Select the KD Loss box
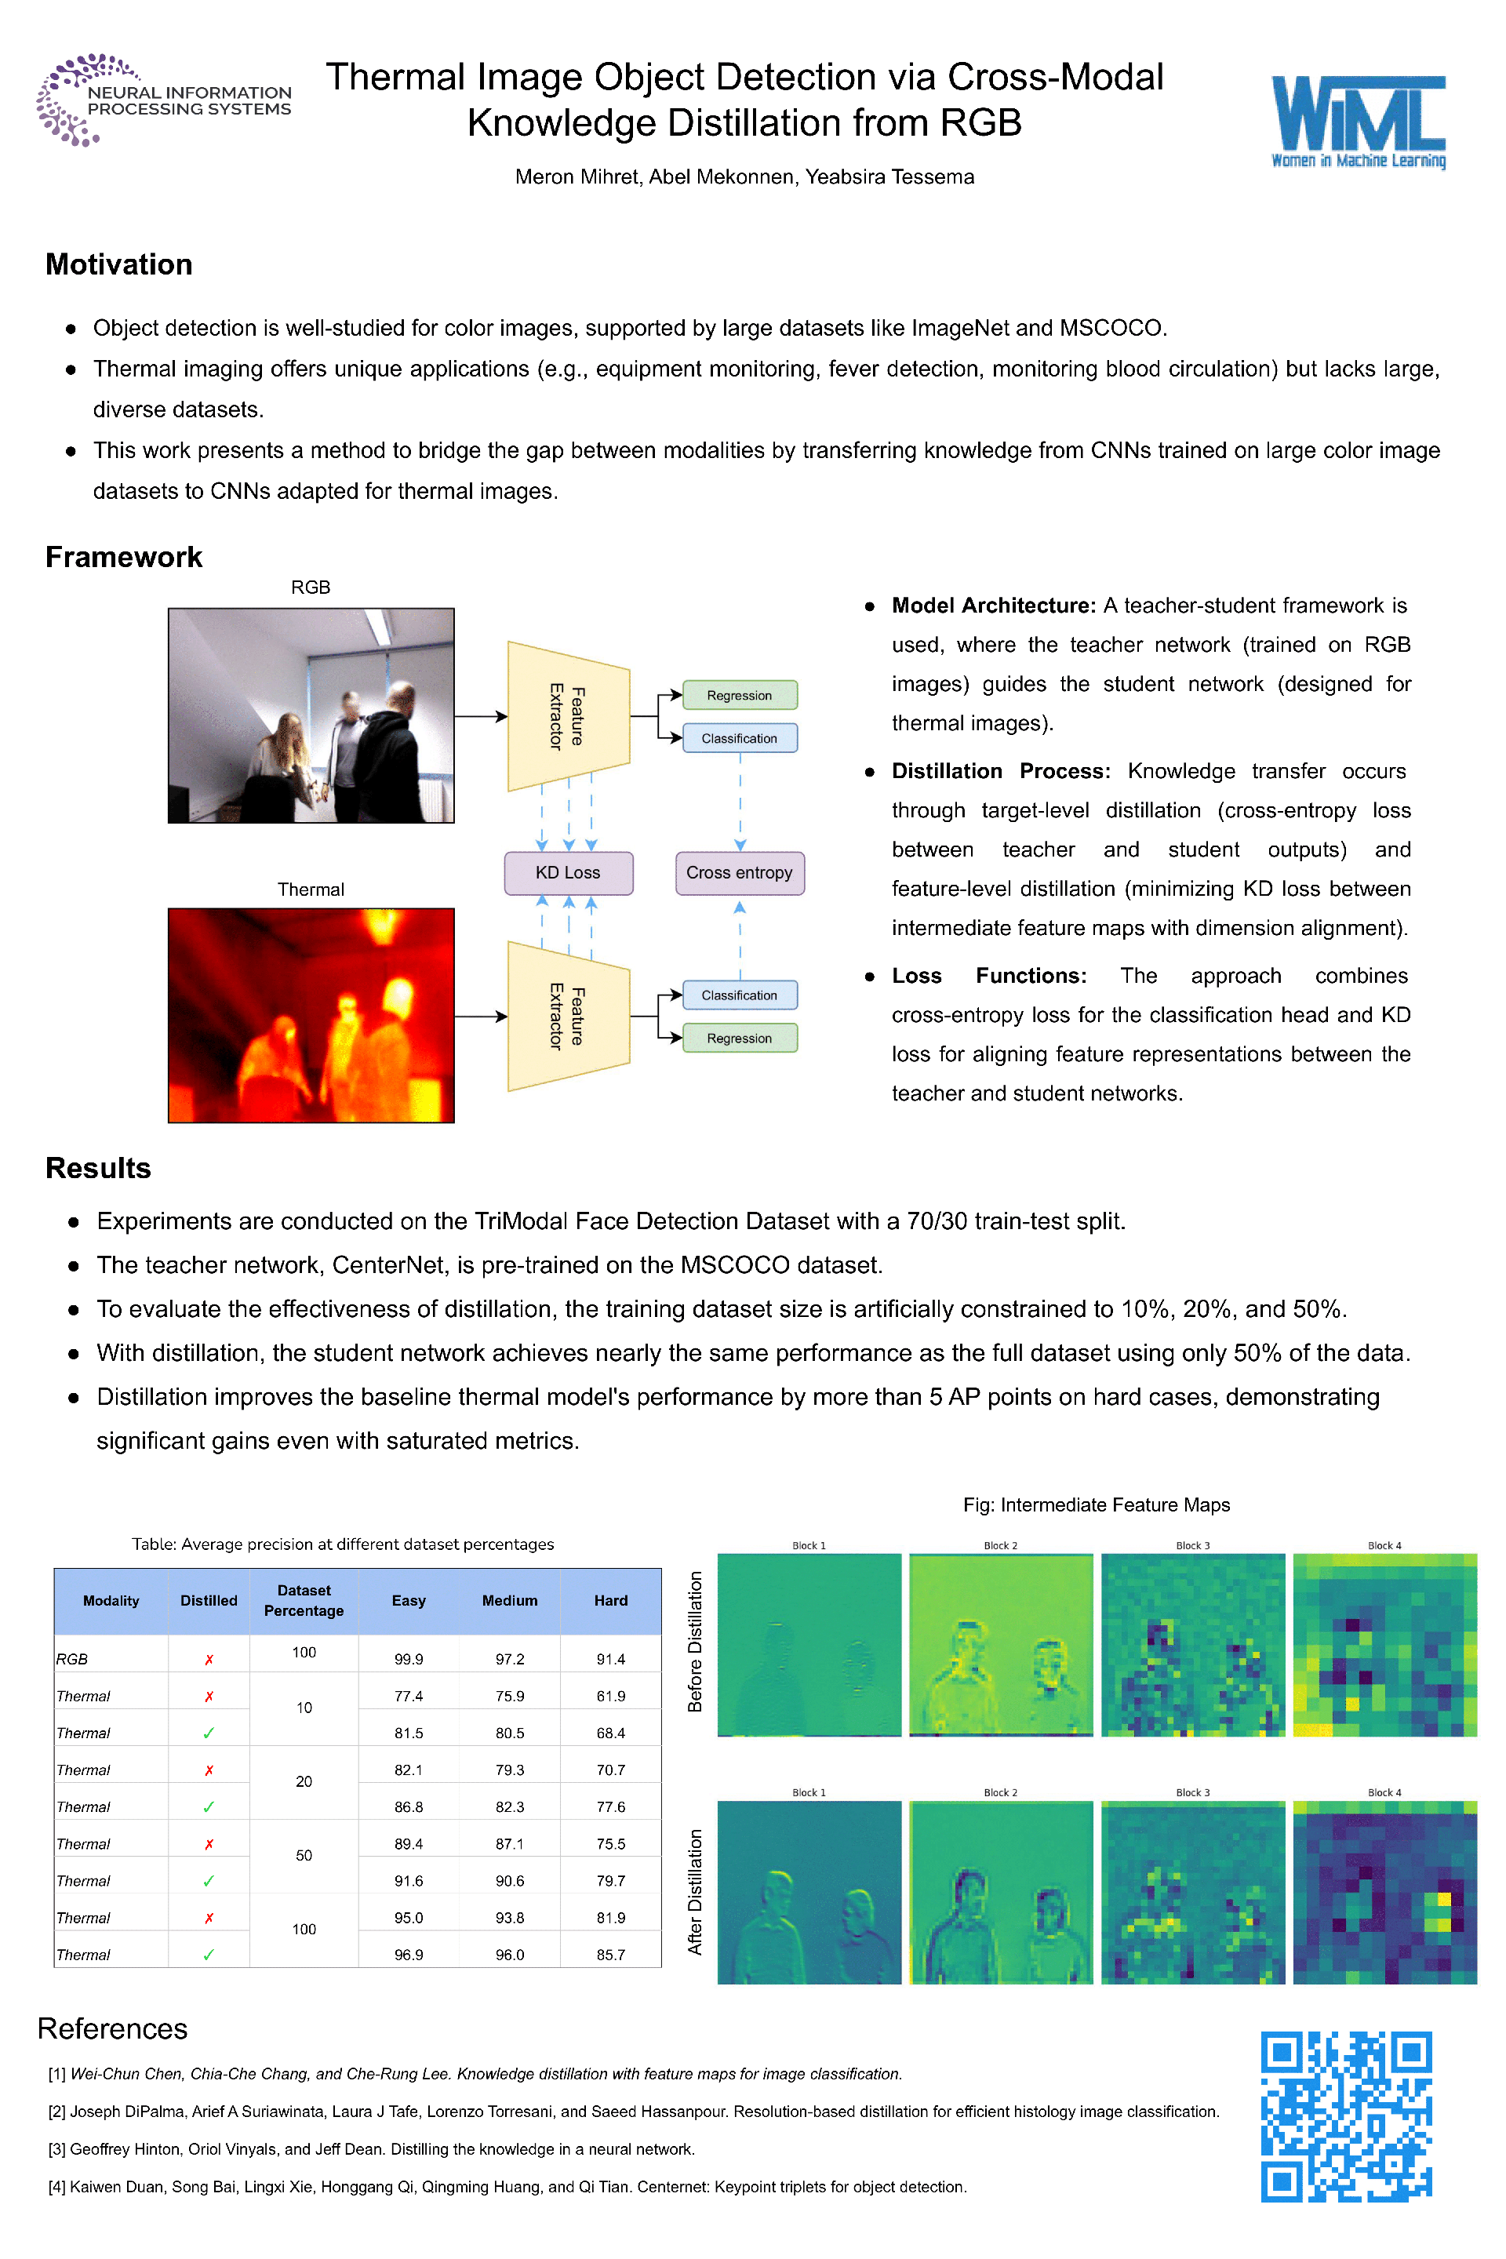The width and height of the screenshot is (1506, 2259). coord(568,872)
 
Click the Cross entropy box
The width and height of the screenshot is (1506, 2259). coord(739,872)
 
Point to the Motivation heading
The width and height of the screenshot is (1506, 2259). coord(119,264)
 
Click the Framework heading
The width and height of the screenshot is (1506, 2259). coord(124,557)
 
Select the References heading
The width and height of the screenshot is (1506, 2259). coord(112,2028)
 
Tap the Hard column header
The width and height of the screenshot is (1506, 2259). coord(610,1600)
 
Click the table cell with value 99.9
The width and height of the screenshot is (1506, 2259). coord(408,1659)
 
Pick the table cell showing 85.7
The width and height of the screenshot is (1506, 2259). coord(610,1955)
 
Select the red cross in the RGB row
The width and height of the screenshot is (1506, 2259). coord(209,1660)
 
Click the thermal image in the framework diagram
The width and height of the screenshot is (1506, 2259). coord(311,1015)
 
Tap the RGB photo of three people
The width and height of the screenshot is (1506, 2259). coord(311,715)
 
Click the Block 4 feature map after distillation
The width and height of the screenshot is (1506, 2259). coord(1384,1892)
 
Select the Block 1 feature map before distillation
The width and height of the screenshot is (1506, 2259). coord(809,1644)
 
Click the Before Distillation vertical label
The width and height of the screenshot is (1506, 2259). coord(696,1642)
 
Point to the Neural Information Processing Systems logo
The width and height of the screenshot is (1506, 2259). coord(163,100)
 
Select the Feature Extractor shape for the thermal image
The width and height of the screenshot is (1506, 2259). coord(568,1017)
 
